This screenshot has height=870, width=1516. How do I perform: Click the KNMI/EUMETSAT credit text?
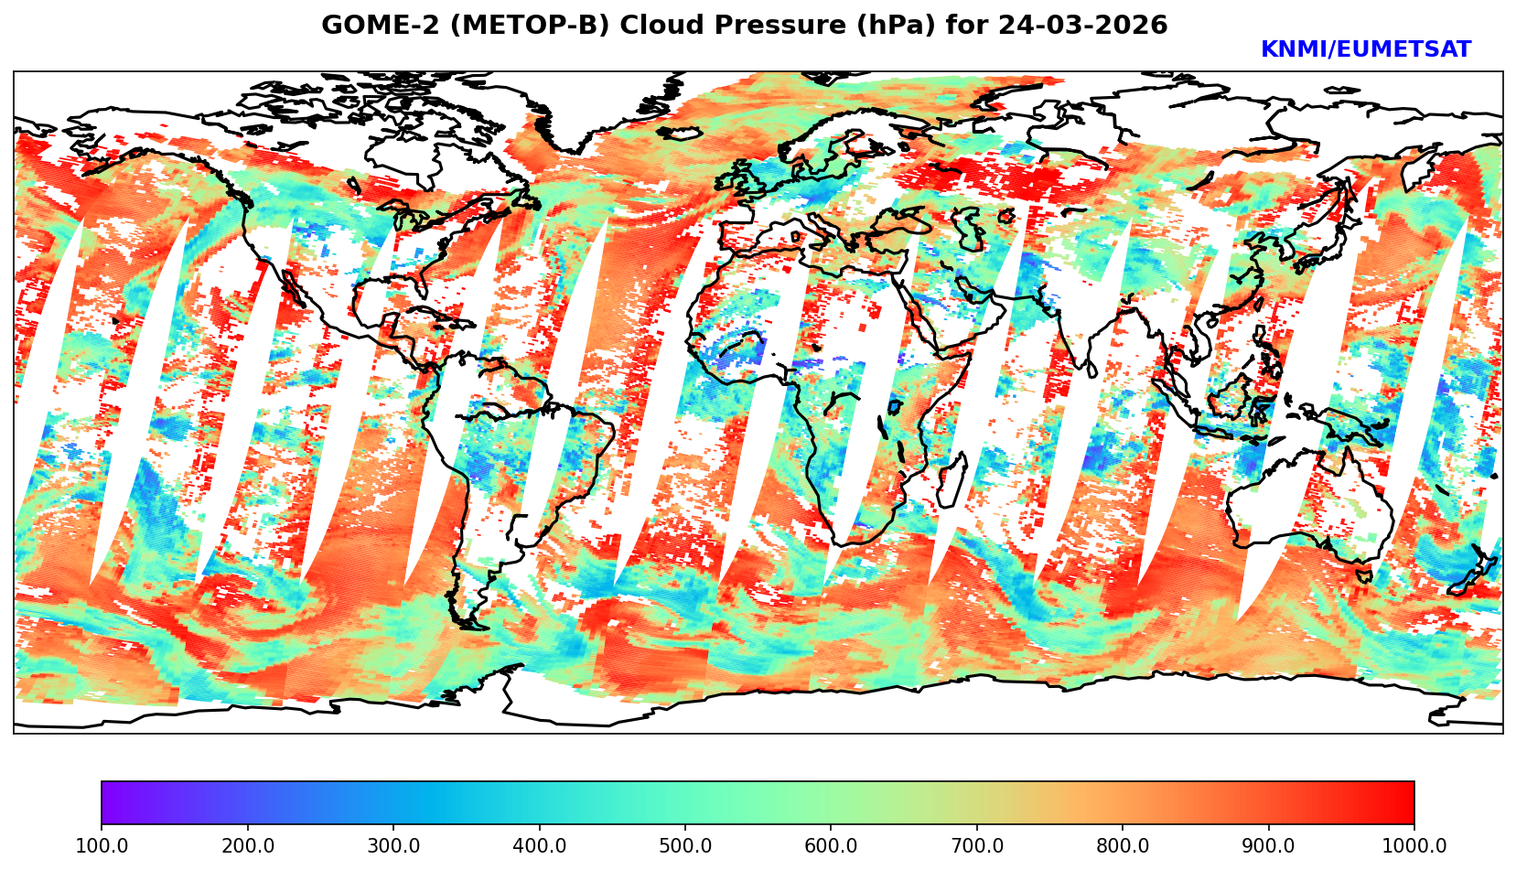(x=1365, y=50)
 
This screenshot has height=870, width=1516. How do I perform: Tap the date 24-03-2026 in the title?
(x=1082, y=26)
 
